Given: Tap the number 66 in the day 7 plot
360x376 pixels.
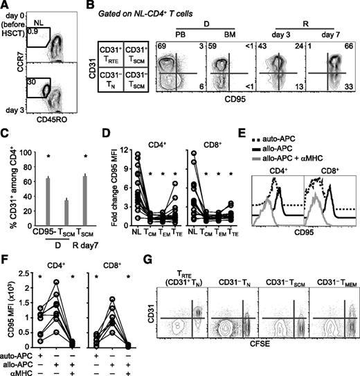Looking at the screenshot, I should point(350,44).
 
